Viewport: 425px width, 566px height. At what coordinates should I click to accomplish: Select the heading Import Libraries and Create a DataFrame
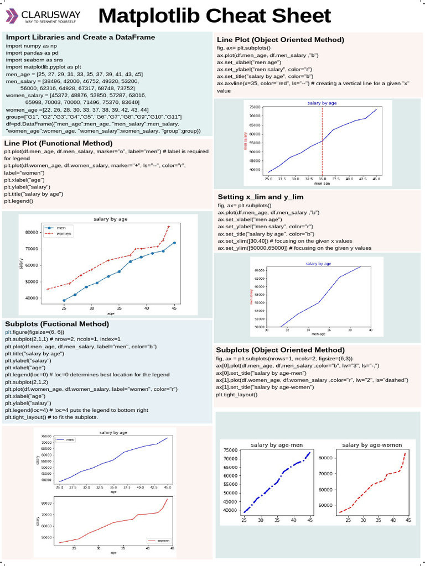pos(80,38)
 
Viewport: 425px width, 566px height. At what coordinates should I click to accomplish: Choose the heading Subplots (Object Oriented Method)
pos(280,350)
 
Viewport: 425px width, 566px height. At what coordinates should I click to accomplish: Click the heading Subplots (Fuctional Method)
pos(57,323)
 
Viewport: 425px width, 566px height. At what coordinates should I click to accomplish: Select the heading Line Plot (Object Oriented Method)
pos(280,40)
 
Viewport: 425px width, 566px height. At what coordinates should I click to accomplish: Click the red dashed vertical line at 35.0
pos(322,138)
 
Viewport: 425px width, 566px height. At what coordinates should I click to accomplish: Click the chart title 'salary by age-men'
pos(277,445)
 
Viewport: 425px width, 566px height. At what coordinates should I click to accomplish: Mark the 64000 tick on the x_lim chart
pos(259,270)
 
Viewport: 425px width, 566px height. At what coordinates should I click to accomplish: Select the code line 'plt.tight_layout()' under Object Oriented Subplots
pos(236,395)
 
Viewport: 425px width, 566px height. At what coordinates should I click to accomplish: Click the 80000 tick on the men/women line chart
pos(30,232)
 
